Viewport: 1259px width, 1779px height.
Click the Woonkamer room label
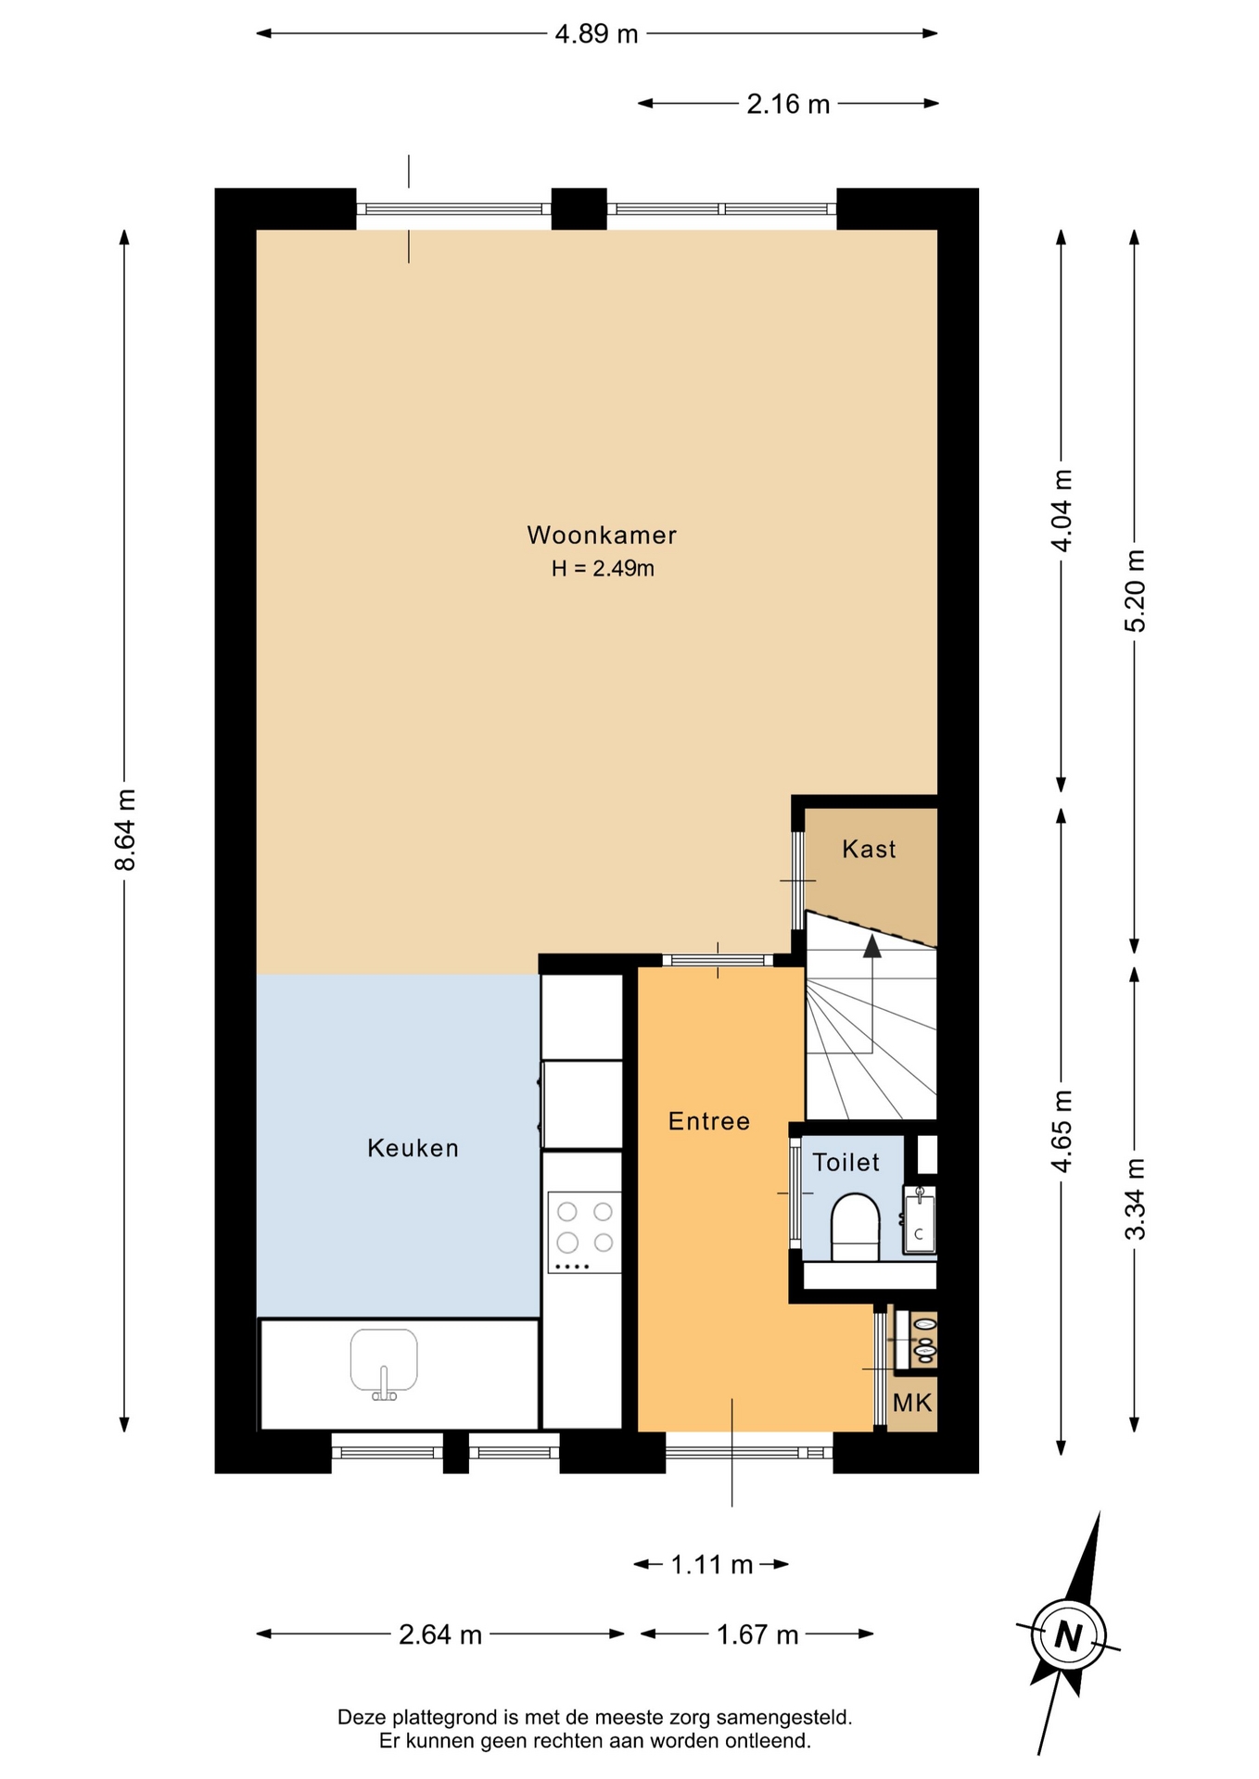pyautogui.click(x=602, y=535)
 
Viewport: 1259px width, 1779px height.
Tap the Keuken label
pyautogui.click(x=413, y=1148)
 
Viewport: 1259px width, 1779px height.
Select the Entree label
pyautogui.click(x=709, y=1121)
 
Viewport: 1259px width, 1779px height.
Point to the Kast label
pyautogui.click(x=869, y=849)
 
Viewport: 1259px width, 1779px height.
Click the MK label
pyautogui.click(x=912, y=1403)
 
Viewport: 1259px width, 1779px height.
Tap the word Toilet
pyautogui.click(x=846, y=1162)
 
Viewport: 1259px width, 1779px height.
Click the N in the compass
pyautogui.click(x=1068, y=1636)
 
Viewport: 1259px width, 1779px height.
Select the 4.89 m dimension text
pyautogui.click(x=596, y=34)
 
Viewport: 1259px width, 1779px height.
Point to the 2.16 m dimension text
pyautogui.click(x=788, y=104)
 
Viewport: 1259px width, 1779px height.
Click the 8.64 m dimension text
pyautogui.click(x=125, y=830)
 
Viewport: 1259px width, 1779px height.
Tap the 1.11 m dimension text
pyautogui.click(x=711, y=1565)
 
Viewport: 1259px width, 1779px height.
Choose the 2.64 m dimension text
pyautogui.click(x=440, y=1634)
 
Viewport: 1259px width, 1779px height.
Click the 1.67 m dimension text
pyautogui.click(x=757, y=1634)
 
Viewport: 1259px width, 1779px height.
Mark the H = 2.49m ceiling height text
pyautogui.click(x=603, y=569)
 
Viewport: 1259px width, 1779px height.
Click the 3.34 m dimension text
pyautogui.click(x=1135, y=1199)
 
